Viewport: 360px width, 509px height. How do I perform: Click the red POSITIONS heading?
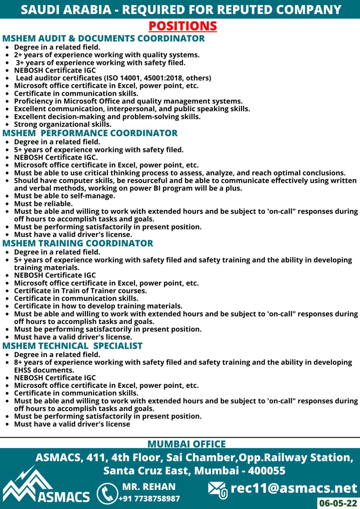tap(183, 26)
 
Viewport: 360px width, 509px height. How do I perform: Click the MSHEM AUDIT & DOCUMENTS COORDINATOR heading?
tap(103, 38)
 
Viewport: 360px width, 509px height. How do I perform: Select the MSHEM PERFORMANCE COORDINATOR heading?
tap(90, 133)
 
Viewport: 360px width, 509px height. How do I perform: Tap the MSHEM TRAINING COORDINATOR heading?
tap(78, 243)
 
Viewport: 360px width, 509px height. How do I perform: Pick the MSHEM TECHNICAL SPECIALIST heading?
tap(72, 346)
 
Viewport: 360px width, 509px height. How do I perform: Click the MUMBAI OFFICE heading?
tap(186, 444)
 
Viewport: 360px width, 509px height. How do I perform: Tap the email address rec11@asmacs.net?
tap(294, 488)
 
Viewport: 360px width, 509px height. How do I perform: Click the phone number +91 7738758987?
tap(149, 499)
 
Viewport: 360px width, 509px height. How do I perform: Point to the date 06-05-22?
tap(338, 503)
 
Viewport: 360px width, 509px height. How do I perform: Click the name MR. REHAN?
tap(149, 487)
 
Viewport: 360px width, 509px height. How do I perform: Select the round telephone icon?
tap(107, 493)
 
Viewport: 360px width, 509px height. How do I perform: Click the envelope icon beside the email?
tap(218, 490)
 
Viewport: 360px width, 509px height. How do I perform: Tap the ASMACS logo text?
tap(64, 497)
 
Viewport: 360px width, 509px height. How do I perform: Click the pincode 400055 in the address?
tap(267, 470)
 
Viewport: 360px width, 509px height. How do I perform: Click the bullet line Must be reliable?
tap(44, 204)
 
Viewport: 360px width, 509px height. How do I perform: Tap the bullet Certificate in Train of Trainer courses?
tap(80, 290)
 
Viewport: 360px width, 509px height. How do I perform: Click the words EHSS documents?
tap(44, 370)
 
